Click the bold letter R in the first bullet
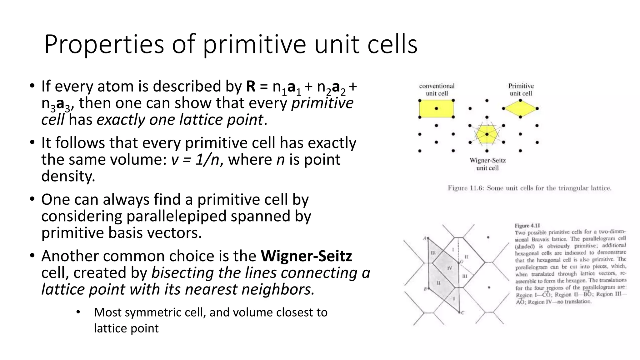pyautogui.click(x=251, y=87)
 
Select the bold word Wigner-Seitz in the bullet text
pyautogui.click(x=306, y=256)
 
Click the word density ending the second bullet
pyautogui.click(x=68, y=176)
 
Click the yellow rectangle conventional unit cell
pyautogui.click(x=436, y=109)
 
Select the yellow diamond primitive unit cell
pyautogui.click(x=520, y=109)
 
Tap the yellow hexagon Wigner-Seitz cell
pyautogui.click(x=487, y=134)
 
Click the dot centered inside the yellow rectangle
pyautogui.click(x=436, y=108)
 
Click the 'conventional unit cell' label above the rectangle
pyautogui.click(x=437, y=90)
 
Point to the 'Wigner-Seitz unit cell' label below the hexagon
pyautogui.click(x=487, y=164)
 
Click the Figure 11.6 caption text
pyautogui.click(x=529, y=188)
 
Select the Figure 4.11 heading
pyautogui.click(x=527, y=226)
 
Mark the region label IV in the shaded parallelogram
pyautogui.click(x=450, y=268)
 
